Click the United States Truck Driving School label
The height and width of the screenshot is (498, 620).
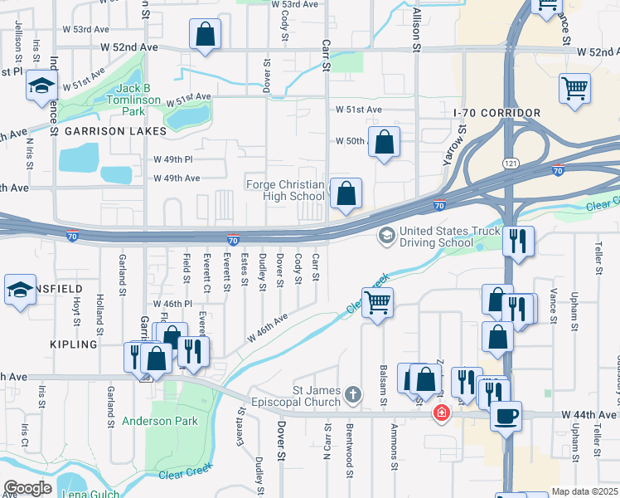click(x=450, y=237)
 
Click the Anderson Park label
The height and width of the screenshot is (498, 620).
click(x=160, y=421)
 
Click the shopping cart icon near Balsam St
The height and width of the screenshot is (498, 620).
click(x=377, y=302)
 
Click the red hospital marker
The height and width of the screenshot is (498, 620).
click(x=442, y=413)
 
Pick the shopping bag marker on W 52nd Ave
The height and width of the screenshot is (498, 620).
click(x=205, y=35)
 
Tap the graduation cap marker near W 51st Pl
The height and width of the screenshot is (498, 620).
click(x=41, y=85)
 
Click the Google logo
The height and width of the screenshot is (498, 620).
click(x=27, y=488)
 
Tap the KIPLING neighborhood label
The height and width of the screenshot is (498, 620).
click(x=74, y=344)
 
